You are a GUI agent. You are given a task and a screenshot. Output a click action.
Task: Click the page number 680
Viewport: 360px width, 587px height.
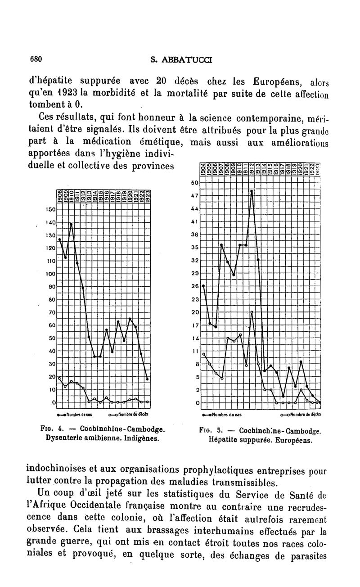tap(36, 59)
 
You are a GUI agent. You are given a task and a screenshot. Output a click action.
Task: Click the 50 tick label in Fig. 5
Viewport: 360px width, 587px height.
tap(195, 183)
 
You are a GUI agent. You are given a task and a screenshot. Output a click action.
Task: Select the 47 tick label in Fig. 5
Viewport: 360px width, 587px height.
tap(195, 196)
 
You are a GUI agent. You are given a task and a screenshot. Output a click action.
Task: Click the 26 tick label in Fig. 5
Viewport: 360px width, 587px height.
tap(195, 286)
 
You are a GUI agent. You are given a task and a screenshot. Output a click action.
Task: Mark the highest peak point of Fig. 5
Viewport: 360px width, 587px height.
tap(252, 191)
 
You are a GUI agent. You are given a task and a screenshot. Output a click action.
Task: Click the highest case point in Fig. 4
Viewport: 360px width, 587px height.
tap(71, 224)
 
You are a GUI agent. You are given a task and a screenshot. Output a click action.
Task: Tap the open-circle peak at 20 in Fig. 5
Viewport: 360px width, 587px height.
tap(252, 312)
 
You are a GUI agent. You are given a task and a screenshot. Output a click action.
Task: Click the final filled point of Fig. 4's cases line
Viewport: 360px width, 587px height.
tap(148, 379)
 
